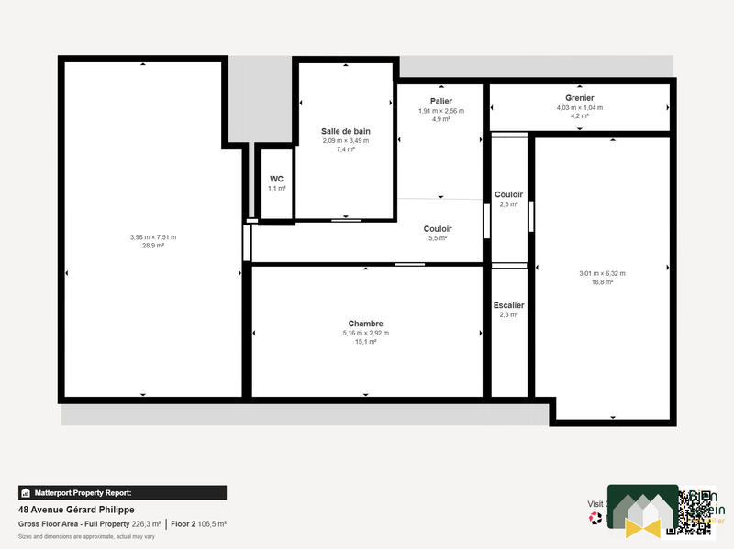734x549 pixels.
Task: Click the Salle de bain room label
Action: tap(345, 131)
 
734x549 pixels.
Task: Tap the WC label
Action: tap(276, 179)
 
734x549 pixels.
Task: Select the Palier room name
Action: tap(440, 101)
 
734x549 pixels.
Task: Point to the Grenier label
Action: tap(579, 98)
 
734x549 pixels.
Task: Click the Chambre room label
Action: tap(365, 324)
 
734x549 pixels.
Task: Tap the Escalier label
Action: tap(508, 305)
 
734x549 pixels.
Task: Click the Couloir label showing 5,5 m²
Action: tap(438, 228)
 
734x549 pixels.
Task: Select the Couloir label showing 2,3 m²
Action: tap(508, 194)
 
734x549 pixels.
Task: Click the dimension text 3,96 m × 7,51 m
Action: tap(153, 237)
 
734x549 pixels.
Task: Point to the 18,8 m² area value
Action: tap(602, 282)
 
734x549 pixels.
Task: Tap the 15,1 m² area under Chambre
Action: tap(365, 342)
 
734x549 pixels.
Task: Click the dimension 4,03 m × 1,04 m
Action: tap(579, 107)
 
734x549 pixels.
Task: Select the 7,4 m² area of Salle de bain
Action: tap(345, 149)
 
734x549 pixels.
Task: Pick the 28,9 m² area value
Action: tap(153, 246)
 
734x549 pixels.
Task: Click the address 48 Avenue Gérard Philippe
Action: tap(77, 510)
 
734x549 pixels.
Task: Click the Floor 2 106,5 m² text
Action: tap(199, 524)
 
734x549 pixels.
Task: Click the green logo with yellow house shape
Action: tap(642, 511)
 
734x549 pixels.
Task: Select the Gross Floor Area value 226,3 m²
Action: tap(146, 524)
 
